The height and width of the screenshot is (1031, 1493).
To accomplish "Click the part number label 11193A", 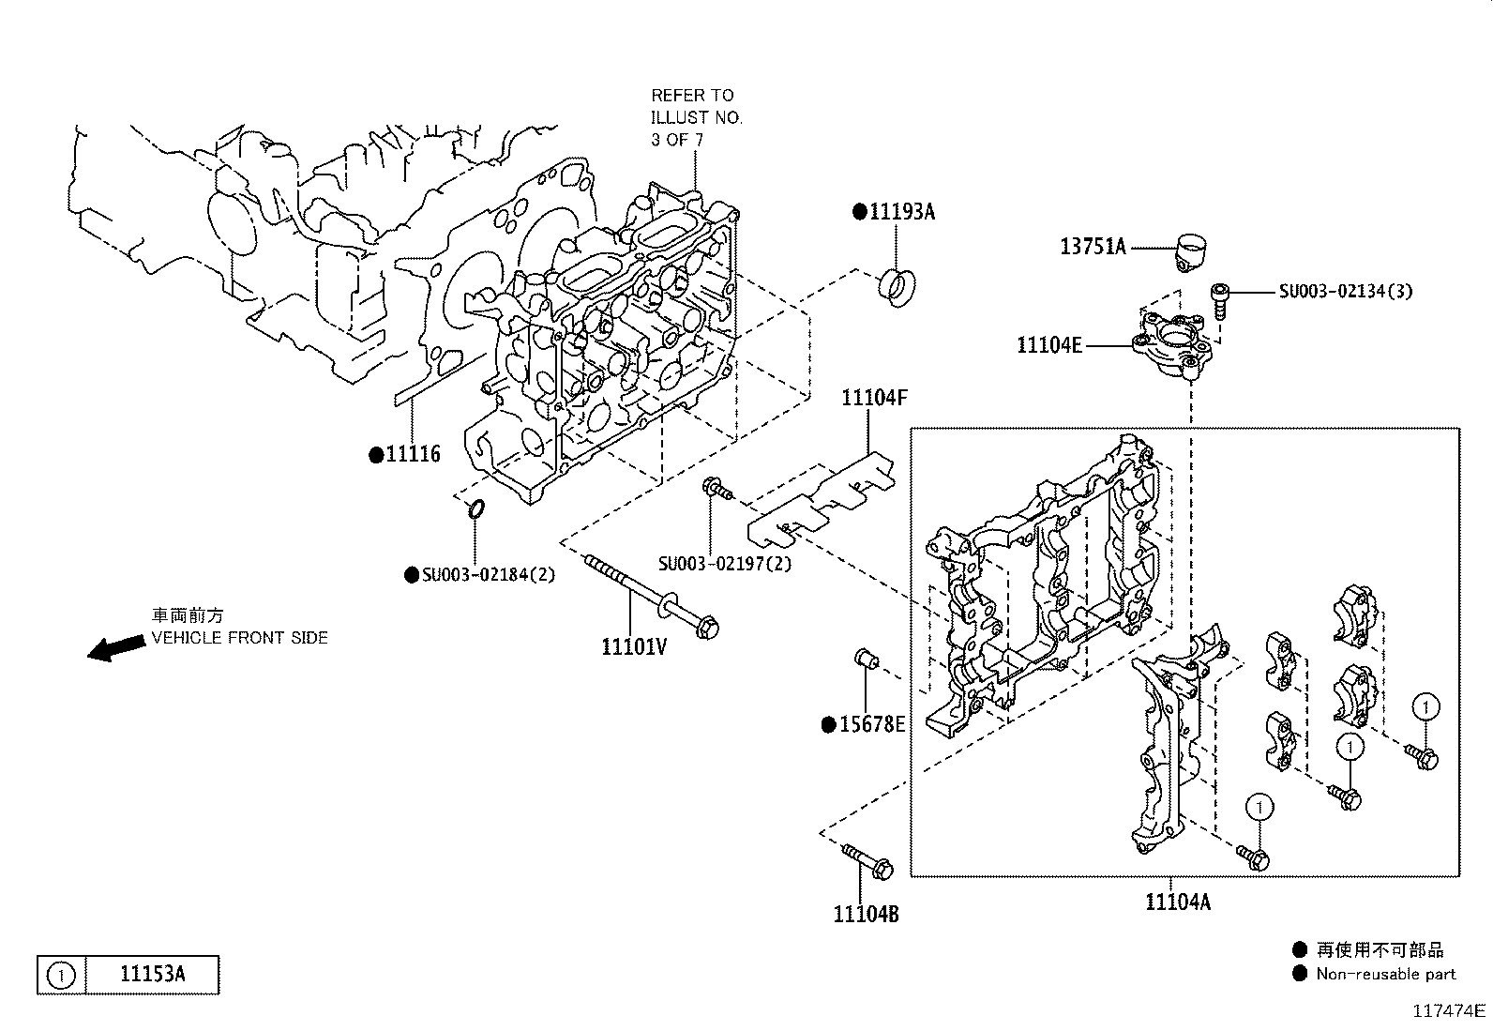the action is point(902,212).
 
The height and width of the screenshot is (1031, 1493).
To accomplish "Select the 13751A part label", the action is point(1093,247).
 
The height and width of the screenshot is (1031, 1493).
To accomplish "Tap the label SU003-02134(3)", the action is point(1345,292).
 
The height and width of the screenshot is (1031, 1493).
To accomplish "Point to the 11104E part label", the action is point(1049,345).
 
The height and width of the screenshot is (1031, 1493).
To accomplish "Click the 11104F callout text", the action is point(874,398).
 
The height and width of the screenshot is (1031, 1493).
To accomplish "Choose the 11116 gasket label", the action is point(414,454).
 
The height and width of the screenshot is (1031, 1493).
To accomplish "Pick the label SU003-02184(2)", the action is point(489,575).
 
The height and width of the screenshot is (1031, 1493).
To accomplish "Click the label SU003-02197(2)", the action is point(725,564).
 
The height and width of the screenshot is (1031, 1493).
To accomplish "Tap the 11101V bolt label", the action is point(634,647).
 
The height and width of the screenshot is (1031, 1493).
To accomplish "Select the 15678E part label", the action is point(872,724).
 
